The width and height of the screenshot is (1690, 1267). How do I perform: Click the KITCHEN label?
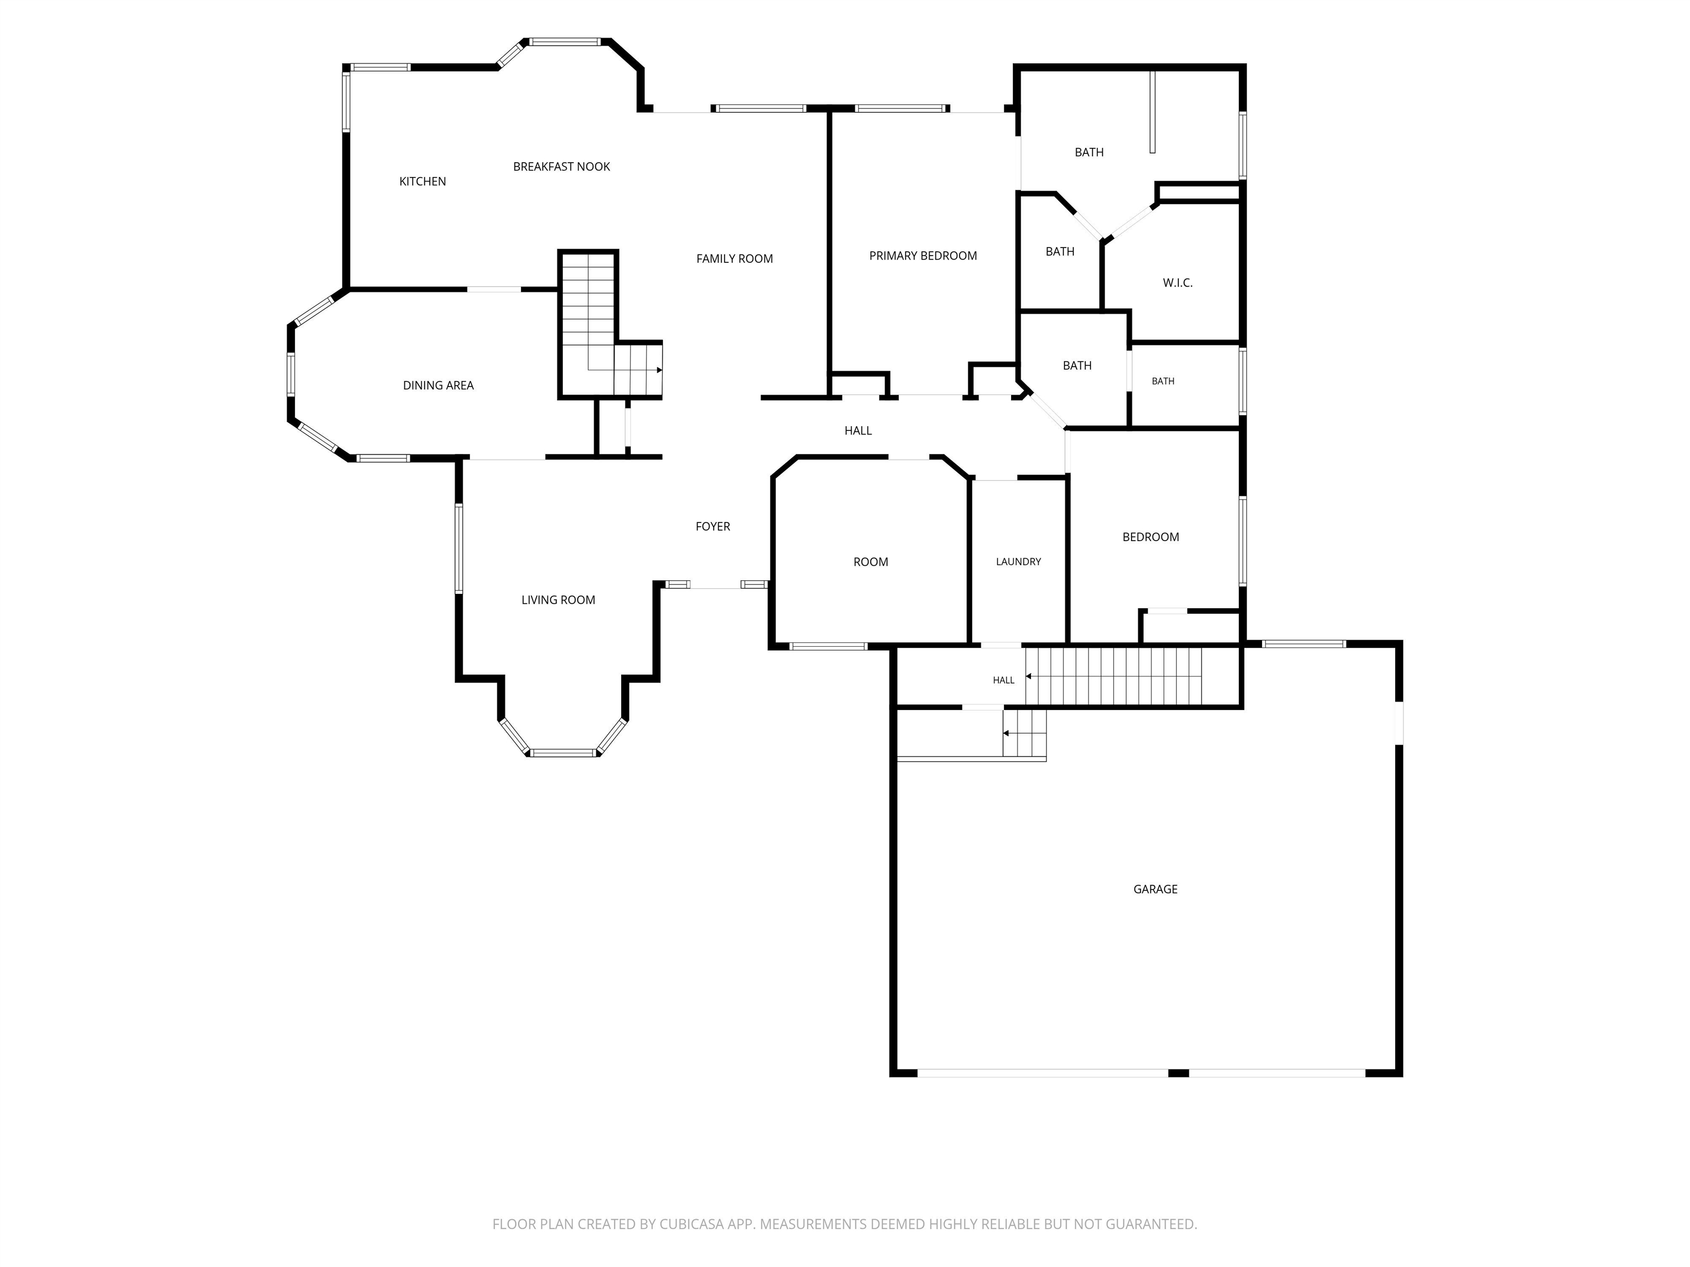click(422, 181)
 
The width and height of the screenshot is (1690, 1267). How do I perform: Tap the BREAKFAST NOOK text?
click(562, 167)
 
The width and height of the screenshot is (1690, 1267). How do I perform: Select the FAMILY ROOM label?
click(734, 259)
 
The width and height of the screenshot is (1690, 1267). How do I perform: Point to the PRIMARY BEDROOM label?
click(923, 256)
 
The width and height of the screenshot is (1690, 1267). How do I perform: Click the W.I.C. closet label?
click(1177, 283)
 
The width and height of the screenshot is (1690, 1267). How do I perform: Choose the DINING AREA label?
click(438, 385)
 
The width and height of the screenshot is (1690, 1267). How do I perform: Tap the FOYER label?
click(713, 526)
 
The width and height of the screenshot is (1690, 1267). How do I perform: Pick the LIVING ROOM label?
click(558, 601)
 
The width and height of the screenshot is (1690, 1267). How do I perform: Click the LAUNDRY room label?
click(1018, 561)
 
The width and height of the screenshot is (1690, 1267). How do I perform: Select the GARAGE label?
click(1155, 889)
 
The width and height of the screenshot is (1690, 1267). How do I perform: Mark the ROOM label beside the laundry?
click(870, 562)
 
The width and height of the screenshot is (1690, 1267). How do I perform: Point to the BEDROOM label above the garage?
click(1151, 537)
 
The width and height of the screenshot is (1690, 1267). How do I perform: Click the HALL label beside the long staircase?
click(1003, 680)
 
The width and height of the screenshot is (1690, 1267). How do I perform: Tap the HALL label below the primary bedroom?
click(858, 431)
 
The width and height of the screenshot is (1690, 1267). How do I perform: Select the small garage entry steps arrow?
click(1024, 733)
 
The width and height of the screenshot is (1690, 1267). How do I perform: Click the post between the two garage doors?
click(1179, 1073)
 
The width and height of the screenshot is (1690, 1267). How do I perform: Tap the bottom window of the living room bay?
click(563, 753)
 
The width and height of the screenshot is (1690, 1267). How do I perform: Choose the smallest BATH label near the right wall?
click(1163, 381)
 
